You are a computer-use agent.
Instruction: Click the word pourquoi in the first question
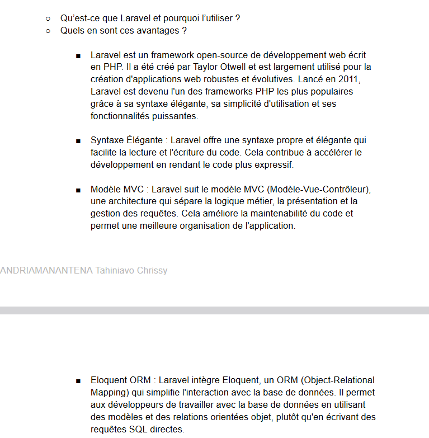pos(180,18)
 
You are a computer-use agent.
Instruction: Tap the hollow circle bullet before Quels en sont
pos(49,31)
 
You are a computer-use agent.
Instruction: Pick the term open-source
pos(194,55)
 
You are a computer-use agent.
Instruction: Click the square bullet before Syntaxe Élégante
pos(78,141)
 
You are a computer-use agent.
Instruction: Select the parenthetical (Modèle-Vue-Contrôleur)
pos(320,189)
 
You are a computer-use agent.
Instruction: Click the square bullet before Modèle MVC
pos(78,190)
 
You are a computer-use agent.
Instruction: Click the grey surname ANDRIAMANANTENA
pos(46,271)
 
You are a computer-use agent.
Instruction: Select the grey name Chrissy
pos(149,271)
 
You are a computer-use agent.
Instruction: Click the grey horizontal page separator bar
pos(214,310)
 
